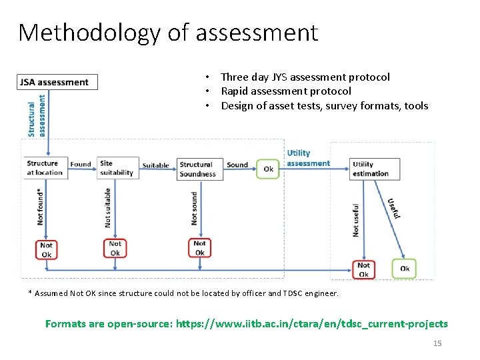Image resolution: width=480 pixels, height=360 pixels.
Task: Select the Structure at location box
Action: [45, 167]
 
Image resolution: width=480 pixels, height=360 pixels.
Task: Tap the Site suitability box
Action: [117, 167]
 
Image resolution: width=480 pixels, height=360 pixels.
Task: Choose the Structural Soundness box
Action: [197, 169]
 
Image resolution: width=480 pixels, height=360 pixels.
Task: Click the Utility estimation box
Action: [374, 169]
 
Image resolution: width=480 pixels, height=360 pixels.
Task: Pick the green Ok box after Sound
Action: [268, 169]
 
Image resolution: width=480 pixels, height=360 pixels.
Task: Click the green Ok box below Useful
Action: [404, 269]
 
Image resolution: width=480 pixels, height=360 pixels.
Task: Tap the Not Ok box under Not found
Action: [46, 249]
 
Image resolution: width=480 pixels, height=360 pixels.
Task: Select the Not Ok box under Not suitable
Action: [115, 248]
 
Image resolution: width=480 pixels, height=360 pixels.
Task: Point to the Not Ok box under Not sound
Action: [199, 248]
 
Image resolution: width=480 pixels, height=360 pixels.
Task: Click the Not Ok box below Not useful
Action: [363, 269]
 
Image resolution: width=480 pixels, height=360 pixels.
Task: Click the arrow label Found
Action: [81, 164]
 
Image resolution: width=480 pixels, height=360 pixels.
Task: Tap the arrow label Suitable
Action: [155, 165]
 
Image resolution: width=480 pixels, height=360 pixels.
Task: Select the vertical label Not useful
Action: [356, 219]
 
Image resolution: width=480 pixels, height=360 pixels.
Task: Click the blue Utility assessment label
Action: [308, 158]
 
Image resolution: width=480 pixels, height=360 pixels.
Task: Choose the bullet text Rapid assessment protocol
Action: [286, 91]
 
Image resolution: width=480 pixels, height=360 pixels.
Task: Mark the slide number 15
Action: [438, 343]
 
